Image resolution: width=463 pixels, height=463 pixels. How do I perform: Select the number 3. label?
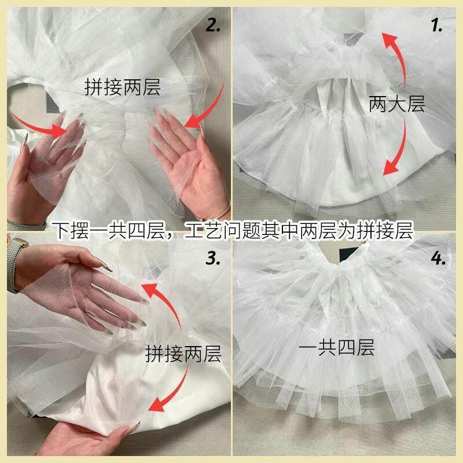click(212, 258)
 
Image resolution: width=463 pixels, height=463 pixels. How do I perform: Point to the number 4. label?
click(438, 258)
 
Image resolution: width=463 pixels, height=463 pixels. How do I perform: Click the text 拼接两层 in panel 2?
click(122, 87)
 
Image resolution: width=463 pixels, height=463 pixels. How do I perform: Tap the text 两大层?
click(396, 104)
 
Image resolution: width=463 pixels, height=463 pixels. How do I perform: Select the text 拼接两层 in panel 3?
click(183, 354)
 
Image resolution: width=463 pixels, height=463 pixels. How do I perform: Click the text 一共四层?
click(336, 347)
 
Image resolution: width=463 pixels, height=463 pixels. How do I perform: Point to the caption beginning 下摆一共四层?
click(233, 230)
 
